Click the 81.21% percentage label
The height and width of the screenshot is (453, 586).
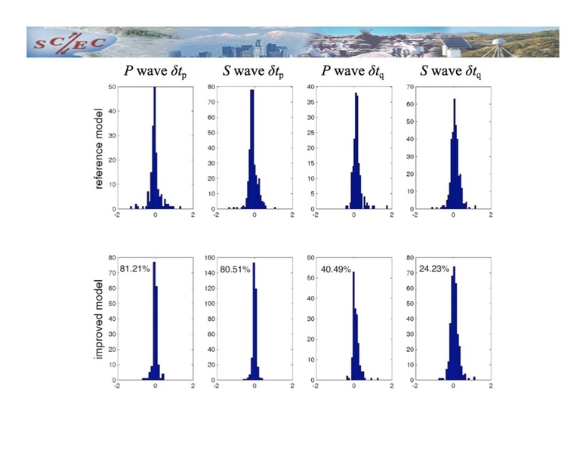click(134, 268)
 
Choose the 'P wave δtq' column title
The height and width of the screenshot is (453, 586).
click(353, 72)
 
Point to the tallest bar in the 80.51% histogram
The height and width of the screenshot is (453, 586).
click(254, 321)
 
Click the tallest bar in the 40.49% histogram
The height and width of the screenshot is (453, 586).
click(353, 325)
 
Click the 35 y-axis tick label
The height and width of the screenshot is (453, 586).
click(310, 102)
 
